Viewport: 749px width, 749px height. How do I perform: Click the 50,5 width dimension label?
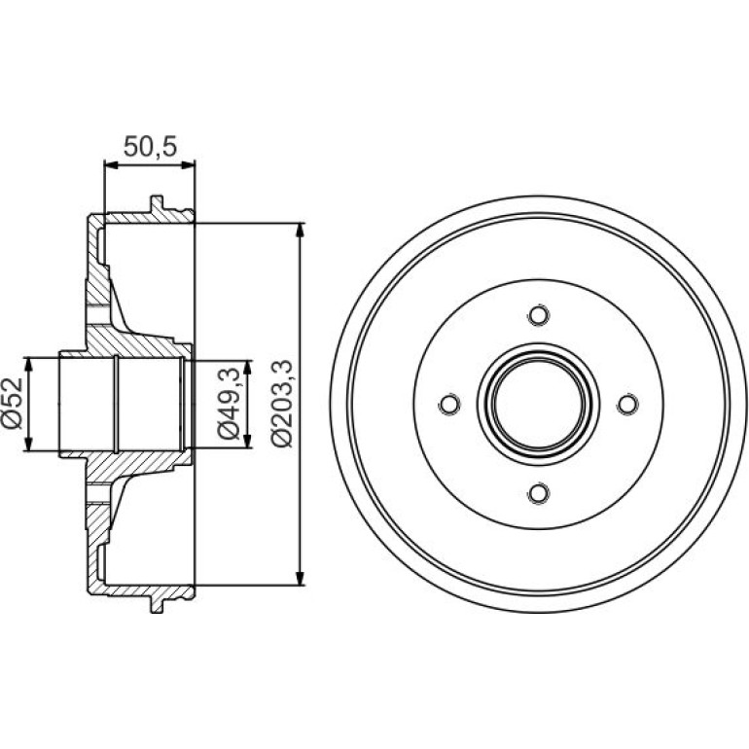point(151,146)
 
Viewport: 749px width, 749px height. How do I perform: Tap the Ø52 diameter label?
point(13,404)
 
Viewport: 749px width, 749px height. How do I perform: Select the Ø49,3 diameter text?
point(229,404)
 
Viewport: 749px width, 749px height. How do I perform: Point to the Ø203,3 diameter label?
point(281,404)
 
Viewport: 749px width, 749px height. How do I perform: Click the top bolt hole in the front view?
point(538,315)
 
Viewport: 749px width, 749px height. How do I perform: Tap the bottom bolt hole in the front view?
point(538,493)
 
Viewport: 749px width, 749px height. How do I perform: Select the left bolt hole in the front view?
point(449,404)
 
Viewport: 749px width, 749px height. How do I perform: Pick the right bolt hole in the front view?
point(627,404)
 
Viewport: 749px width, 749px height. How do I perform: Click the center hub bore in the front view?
point(538,404)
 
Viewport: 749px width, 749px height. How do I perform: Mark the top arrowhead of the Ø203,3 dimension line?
point(300,231)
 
